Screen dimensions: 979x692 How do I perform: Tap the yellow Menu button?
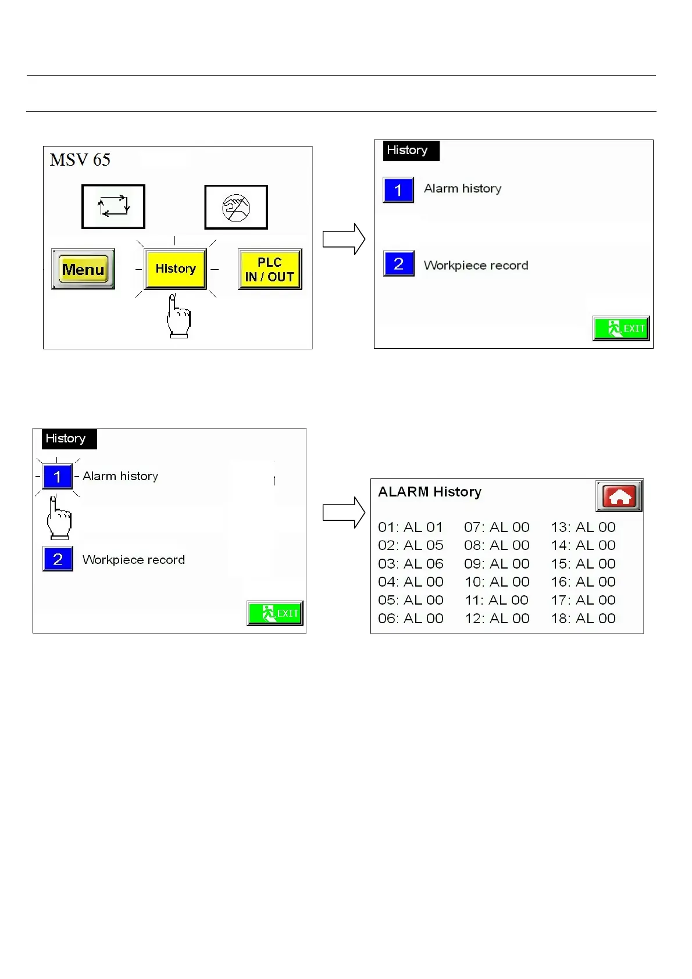pyautogui.click(x=83, y=269)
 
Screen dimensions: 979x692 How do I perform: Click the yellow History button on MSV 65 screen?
pyautogui.click(x=175, y=269)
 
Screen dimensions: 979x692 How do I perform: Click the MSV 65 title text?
pyautogui.click(x=80, y=160)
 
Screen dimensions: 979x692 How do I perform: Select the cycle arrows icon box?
pyautogui.click(x=113, y=207)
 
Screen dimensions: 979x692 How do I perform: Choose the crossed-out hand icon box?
pyautogui.click(x=236, y=208)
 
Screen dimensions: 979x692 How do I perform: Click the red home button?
pyautogui.click(x=619, y=496)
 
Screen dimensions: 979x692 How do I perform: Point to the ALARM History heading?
pyautogui.click(x=430, y=492)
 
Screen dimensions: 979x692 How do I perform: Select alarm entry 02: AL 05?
pyautogui.click(x=411, y=545)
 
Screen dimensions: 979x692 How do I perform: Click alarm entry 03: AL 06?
pyautogui.click(x=411, y=564)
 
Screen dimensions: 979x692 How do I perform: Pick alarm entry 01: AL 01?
pyautogui.click(x=411, y=527)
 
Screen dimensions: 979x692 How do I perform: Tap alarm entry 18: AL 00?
pyautogui.click(x=583, y=619)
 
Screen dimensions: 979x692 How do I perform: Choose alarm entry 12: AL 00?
pyautogui.click(x=497, y=619)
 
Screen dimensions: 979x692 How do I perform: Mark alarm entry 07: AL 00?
pyautogui.click(x=497, y=527)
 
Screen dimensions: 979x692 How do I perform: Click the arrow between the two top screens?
pyautogui.click(x=344, y=239)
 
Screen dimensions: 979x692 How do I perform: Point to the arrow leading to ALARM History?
pyautogui.click(x=344, y=512)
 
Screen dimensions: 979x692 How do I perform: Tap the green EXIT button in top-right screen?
pyautogui.click(x=620, y=328)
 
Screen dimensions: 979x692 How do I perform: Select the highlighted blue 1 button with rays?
pyautogui.click(x=58, y=477)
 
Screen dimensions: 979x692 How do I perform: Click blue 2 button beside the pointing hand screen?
pyautogui.click(x=58, y=559)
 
